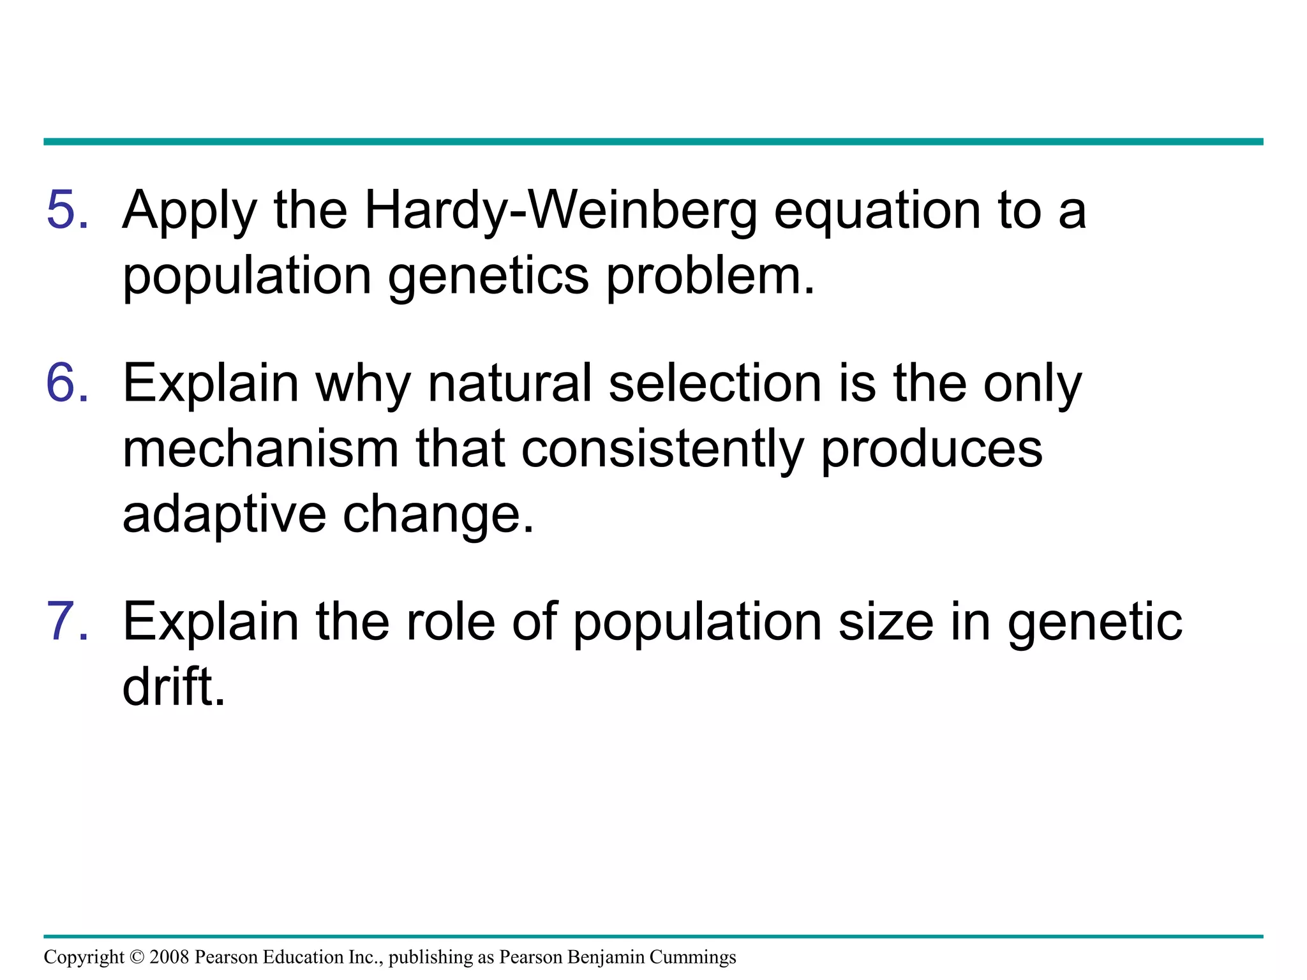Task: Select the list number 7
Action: (67, 621)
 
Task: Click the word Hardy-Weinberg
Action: (560, 212)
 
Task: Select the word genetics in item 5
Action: (488, 279)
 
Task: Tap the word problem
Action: (710, 278)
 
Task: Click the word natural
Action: (510, 384)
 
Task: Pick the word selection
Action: (715, 384)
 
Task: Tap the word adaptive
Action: (224, 516)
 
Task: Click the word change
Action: (438, 516)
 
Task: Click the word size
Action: (886, 621)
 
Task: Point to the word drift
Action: (174, 687)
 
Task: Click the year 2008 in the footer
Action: (169, 957)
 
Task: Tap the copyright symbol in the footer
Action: (137, 957)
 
